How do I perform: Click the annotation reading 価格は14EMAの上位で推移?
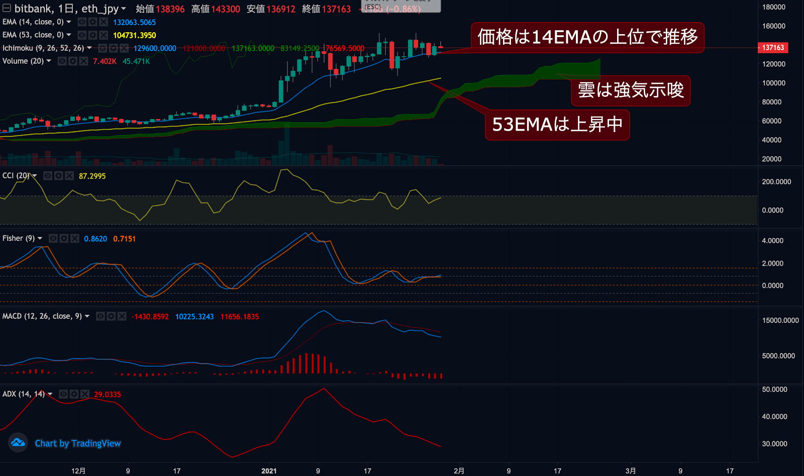point(587,37)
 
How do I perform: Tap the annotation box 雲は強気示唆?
point(631,90)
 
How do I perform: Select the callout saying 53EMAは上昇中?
point(557,125)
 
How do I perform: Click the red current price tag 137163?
point(773,48)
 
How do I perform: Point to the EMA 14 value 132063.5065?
point(134,22)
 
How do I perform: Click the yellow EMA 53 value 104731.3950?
point(134,35)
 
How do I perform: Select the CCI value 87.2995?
point(92,176)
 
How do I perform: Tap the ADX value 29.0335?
point(107,395)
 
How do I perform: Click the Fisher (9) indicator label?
point(19,239)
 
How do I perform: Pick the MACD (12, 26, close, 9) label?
point(42,316)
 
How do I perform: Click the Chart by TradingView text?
point(78,443)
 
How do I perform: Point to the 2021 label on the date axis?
point(269,471)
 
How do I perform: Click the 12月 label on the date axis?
point(78,471)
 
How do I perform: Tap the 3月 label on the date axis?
point(631,471)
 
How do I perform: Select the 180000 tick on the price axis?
point(773,7)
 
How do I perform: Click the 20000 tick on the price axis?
point(771,159)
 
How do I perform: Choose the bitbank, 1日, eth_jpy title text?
point(66,9)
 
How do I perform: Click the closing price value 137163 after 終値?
point(336,9)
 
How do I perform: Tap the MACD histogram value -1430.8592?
point(150,317)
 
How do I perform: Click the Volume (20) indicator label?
point(23,61)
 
